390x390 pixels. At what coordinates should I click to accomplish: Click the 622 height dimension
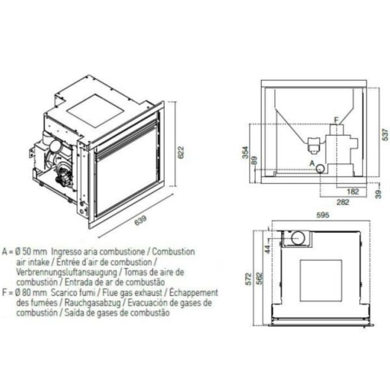click(x=181, y=152)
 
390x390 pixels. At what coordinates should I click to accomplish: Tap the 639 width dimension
click(x=140, y=220)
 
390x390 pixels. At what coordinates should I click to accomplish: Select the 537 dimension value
click(x=385, y=135)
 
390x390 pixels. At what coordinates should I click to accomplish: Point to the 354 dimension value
click(x=246, y=152)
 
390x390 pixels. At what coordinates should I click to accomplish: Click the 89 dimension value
click(x=254, y=161)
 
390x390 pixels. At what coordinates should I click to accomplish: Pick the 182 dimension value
click(x=353, y=191)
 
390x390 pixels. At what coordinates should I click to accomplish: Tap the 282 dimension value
click(x=343, y=202)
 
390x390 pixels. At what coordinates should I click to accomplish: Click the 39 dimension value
click(x=378, y=194)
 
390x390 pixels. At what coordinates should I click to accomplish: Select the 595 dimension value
click(x=322, y=214)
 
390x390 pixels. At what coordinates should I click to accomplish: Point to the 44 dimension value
click(x=268, y=249)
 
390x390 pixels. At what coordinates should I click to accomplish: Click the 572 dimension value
click(x=248, y=279)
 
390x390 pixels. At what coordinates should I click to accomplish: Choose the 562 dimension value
click(x=259, y=279)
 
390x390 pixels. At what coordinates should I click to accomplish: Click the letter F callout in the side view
click(x=336, y=120)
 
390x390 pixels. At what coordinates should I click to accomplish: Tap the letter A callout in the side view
click(x=312, y=163)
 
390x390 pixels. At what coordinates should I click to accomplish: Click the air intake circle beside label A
click(x=320, y=168)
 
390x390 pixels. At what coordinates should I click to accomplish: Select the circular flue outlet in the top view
click(x=298, y=238)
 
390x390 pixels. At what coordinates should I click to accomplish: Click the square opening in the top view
click(x=321, y=280)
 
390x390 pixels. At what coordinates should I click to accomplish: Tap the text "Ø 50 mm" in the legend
click(x=31, y=252)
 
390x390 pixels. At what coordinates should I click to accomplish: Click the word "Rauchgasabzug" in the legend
click(x=92, y=303)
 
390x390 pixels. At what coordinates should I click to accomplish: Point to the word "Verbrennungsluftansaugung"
click(x=67, y=272)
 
